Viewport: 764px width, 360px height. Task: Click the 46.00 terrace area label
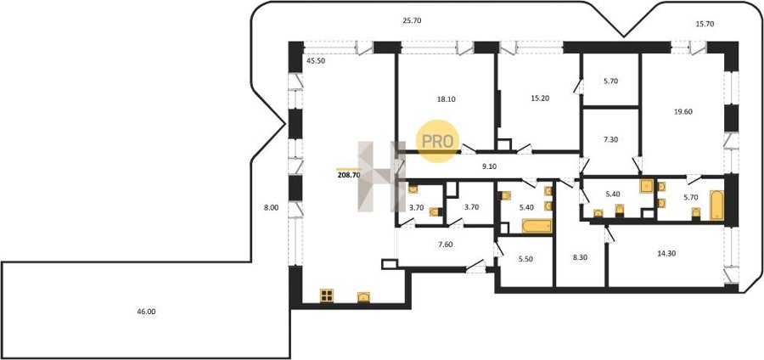click(x=146, y=312)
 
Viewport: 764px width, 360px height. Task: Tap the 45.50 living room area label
click(x=316, y=61)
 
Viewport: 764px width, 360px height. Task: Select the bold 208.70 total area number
click(x=348, y=175)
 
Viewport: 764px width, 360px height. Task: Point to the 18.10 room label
click(x=447, y=98)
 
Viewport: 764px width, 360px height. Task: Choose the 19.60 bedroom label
click(x=683, y=111)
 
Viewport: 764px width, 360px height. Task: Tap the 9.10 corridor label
click(x=490, y=166)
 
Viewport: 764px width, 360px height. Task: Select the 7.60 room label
click(x=446, y=245)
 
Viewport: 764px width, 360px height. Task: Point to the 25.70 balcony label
click(x=412, y=20)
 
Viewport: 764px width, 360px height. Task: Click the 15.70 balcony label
click(x=705, y=24)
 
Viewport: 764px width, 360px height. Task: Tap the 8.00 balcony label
click(x=271, y=207)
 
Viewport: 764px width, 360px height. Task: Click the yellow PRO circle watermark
click(x=437, y=141)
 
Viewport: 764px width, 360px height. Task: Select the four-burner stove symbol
click(x=327, y=295)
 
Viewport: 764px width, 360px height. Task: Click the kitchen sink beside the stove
click(x=363, y=296)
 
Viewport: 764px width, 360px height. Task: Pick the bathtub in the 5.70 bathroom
click(x=717, y=205)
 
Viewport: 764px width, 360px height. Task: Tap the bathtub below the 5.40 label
click(x=536, y=226)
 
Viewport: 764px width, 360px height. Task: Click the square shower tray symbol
click(x=647, y=186)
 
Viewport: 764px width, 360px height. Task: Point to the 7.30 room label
click(x=610, y=139)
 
